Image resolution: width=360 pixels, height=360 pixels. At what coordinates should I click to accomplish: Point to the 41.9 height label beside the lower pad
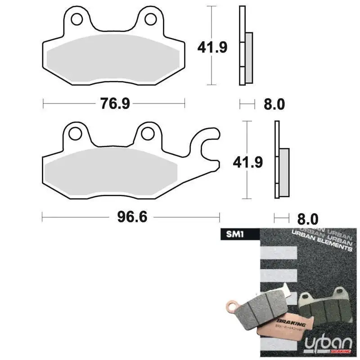point(248,161)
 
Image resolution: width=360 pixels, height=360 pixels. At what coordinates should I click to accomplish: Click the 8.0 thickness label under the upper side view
point(274,104)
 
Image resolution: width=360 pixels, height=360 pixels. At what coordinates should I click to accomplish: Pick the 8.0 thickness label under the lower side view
point(307,219)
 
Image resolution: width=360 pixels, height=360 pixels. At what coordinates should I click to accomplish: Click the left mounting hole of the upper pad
point(76,19)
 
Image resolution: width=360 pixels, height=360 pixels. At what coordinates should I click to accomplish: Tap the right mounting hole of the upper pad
point(151,19)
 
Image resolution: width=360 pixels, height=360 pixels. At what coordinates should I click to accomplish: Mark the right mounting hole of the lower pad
point(147,133)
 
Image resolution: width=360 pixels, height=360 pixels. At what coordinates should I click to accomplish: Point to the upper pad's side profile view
point(245,45)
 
